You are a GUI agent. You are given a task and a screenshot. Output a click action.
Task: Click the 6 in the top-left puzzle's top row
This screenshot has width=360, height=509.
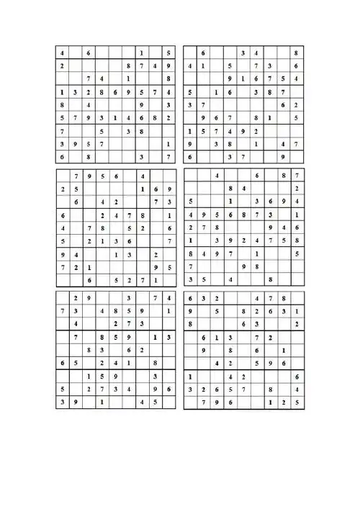click(89, 53)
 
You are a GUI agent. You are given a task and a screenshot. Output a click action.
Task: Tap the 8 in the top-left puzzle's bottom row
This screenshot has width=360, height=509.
click(89, 156)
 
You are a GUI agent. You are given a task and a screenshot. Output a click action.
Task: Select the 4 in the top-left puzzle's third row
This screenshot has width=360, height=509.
click(102, 78)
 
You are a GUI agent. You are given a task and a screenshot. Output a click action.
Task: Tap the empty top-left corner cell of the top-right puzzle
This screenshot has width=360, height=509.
click(190, 53)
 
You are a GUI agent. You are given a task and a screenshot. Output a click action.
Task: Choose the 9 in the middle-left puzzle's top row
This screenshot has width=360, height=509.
click(89, 176)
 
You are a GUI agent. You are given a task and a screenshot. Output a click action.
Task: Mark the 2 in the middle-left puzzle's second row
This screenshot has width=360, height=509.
click(63, 189)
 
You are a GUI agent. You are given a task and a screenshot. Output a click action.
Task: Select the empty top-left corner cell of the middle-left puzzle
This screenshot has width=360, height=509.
click(63, 176)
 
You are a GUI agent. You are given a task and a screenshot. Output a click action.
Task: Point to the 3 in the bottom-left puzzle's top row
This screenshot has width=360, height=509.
click(128, 298)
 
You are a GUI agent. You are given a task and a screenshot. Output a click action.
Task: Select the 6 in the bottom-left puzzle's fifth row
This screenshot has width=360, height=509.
click(128, 350)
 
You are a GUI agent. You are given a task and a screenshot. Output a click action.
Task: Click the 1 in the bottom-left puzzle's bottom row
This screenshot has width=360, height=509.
click(102, 402)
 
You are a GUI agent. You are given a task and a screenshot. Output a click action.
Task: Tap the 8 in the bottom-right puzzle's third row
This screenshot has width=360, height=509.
click(190, 324)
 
